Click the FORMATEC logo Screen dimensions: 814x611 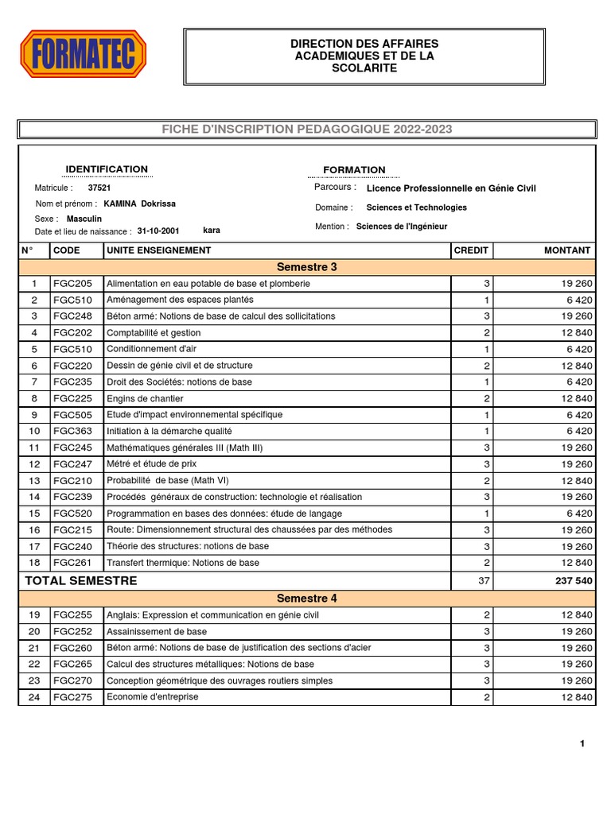coord(84,54)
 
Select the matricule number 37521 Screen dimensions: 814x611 coord(99,188)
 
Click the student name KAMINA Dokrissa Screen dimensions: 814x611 coord(140,203)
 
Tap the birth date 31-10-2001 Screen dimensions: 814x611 coord(158,231)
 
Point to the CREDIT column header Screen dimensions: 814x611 coord(470,250)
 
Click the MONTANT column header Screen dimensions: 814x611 coord(567,250)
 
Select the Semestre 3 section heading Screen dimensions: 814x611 coord(306,267)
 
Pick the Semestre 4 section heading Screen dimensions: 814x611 coord(306,599)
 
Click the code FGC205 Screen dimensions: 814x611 coord(72,284)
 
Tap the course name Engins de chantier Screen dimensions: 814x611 coord(145,398)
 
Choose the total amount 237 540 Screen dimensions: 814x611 coord(573,581)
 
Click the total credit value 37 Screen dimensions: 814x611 coord(484,581)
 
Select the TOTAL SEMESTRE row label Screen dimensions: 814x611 coord(80,581)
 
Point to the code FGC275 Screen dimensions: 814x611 coord(72,697)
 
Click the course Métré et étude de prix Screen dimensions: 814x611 coord(151,463)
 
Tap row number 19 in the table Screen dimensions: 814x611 coord(34,615)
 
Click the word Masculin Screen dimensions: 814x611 coord(84,218)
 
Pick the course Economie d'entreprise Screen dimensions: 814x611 coord(153,697)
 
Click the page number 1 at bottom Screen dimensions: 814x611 coord(582,744)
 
